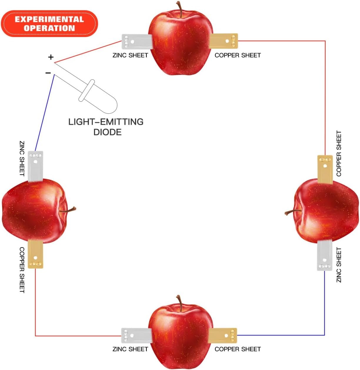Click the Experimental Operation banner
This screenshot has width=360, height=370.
tap(49, 24)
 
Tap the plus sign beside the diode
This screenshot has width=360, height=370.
tap(51, 57)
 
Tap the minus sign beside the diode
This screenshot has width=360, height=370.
tap(48, 73)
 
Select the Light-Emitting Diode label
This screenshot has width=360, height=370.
tap(106, 127)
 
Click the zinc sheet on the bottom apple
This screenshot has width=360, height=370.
tap(136, 335)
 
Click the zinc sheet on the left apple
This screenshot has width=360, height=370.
tap(35, 165)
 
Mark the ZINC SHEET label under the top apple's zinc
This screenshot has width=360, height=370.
tap(130, 55)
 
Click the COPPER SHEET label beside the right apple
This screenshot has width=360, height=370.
tap(339, 153)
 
